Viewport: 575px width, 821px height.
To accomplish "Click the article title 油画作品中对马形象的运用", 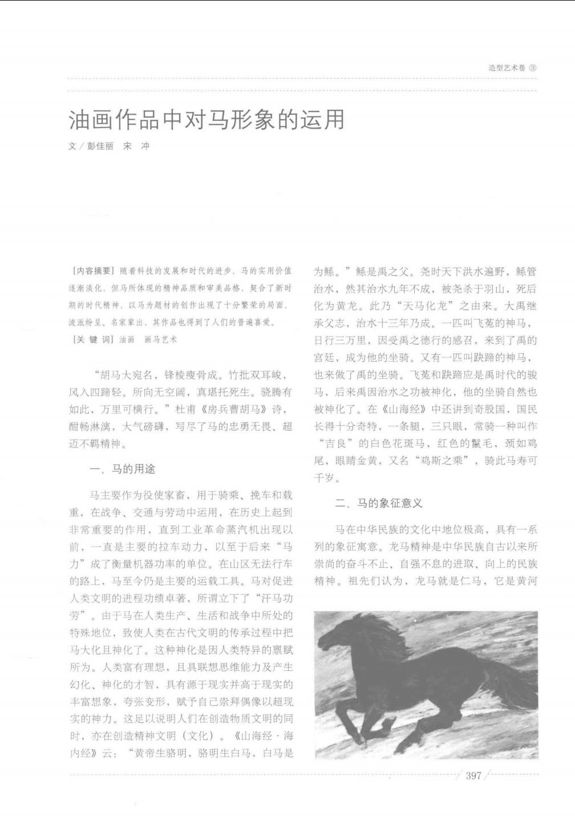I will point(206,120).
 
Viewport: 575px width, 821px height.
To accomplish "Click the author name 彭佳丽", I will point(100,146).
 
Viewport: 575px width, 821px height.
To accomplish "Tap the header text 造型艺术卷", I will point(507,68).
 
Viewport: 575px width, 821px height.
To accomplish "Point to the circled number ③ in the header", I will point(533,68).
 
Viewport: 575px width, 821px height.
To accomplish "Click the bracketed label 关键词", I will point(92,339).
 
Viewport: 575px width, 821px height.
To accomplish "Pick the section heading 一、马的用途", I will point(123,469).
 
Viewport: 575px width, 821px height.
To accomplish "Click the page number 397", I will point(473,776).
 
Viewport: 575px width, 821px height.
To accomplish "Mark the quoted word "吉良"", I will point(342,443).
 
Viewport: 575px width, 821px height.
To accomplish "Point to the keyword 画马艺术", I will point(161,339).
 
